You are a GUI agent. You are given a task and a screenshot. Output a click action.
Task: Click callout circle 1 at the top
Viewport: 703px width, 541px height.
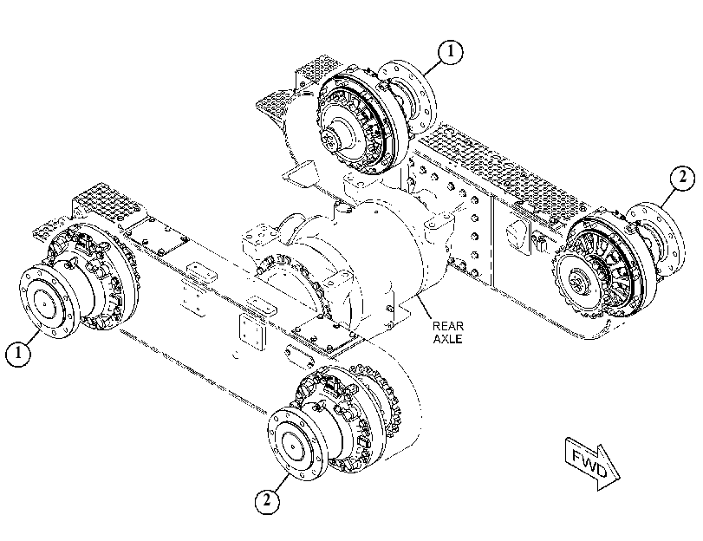pyautogui.click(x=450, y=52)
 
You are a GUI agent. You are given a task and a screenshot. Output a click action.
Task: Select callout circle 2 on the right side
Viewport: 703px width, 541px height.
pyautogui.click(x=682, y=178)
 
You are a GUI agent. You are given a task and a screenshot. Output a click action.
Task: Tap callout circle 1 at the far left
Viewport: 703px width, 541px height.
pyautogui.click(x=18, y=354)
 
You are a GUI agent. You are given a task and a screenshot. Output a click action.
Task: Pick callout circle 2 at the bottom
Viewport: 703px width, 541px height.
pyautogui.click(x=267, y=500)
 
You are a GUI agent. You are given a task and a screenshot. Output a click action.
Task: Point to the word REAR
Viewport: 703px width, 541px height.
pyautogui.click(x=447, y=326)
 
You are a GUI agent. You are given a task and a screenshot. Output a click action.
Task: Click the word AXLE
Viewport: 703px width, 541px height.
pyautogui.click(x=447, y=339)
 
